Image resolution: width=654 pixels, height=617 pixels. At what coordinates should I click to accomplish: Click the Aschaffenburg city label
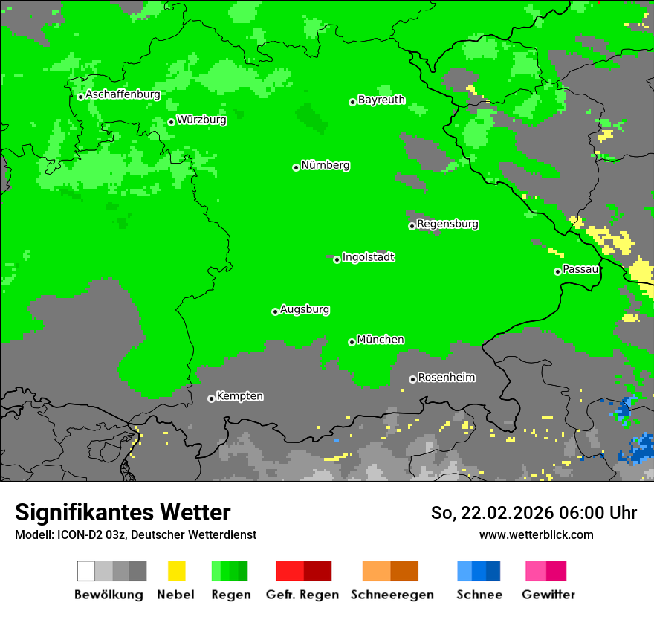(123, 94)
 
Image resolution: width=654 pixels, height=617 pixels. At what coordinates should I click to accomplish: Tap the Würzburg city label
(201, 119)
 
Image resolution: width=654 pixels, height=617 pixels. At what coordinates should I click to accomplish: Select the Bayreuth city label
(381, 100)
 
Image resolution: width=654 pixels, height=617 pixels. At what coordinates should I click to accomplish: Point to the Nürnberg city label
(325, 165)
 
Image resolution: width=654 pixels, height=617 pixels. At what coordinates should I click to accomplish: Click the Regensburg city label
(447, 224)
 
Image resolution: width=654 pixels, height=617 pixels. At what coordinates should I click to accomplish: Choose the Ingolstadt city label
(368, 257)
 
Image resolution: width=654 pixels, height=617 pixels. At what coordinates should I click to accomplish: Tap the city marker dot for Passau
(557, 271)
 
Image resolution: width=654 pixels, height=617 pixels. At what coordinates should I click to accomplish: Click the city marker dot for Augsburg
(275, 311)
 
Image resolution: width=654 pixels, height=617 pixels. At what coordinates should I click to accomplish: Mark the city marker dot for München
(352, 342)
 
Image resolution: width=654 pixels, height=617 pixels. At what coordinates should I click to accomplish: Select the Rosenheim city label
(446, 377)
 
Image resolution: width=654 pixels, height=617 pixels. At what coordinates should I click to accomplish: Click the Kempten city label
(239, 395)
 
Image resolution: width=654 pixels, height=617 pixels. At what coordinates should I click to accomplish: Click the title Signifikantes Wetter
(123, 512)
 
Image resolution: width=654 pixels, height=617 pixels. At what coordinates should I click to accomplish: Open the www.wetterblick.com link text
(536, 534)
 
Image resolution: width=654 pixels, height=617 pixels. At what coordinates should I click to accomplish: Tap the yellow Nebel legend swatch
(176, 571)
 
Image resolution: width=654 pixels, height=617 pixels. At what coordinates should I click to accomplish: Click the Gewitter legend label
(548, 595)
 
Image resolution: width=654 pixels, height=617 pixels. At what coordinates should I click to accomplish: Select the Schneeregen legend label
(392, 595)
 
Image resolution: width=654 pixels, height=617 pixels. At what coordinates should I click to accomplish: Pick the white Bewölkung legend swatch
(85, 571)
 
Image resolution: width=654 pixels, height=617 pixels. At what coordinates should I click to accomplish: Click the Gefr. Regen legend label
(302, 595)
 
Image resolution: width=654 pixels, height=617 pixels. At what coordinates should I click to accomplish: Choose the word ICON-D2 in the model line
(79, 534)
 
